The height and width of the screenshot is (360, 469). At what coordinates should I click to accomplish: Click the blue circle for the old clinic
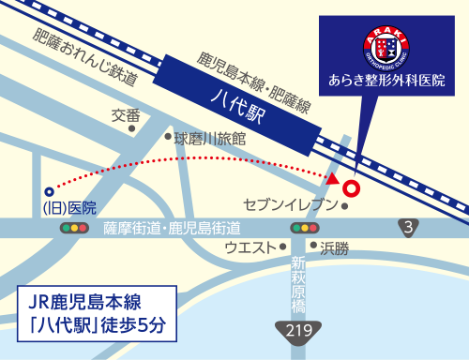coord(49,191)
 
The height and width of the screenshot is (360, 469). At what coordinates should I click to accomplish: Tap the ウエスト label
coord(250,247)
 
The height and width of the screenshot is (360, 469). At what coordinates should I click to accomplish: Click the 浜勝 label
coord(334,248)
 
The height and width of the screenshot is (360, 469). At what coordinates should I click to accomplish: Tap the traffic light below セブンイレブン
coord(304,228)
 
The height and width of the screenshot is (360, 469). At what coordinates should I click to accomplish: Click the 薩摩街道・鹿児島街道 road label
coord(172,228)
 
